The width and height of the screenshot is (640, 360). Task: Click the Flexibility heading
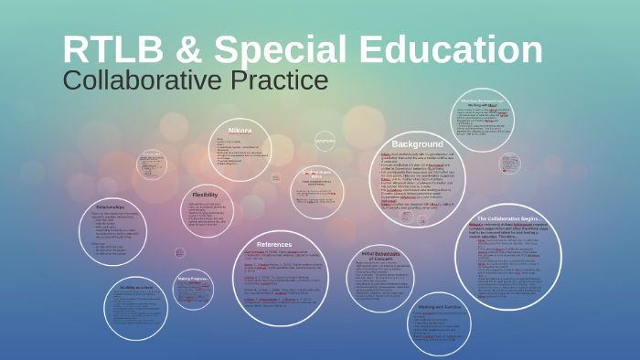205,194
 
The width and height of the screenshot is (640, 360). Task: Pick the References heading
274,244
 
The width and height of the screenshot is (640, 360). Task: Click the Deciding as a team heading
136,287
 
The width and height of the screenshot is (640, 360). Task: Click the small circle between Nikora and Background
325,141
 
